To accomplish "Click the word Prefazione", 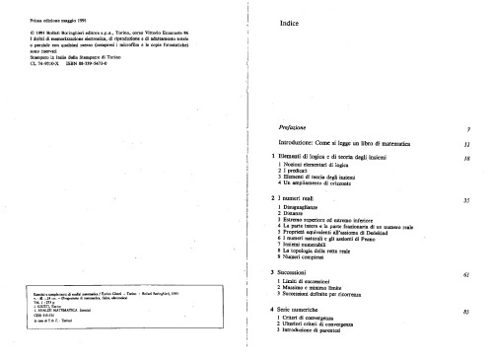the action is coord(299,128).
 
